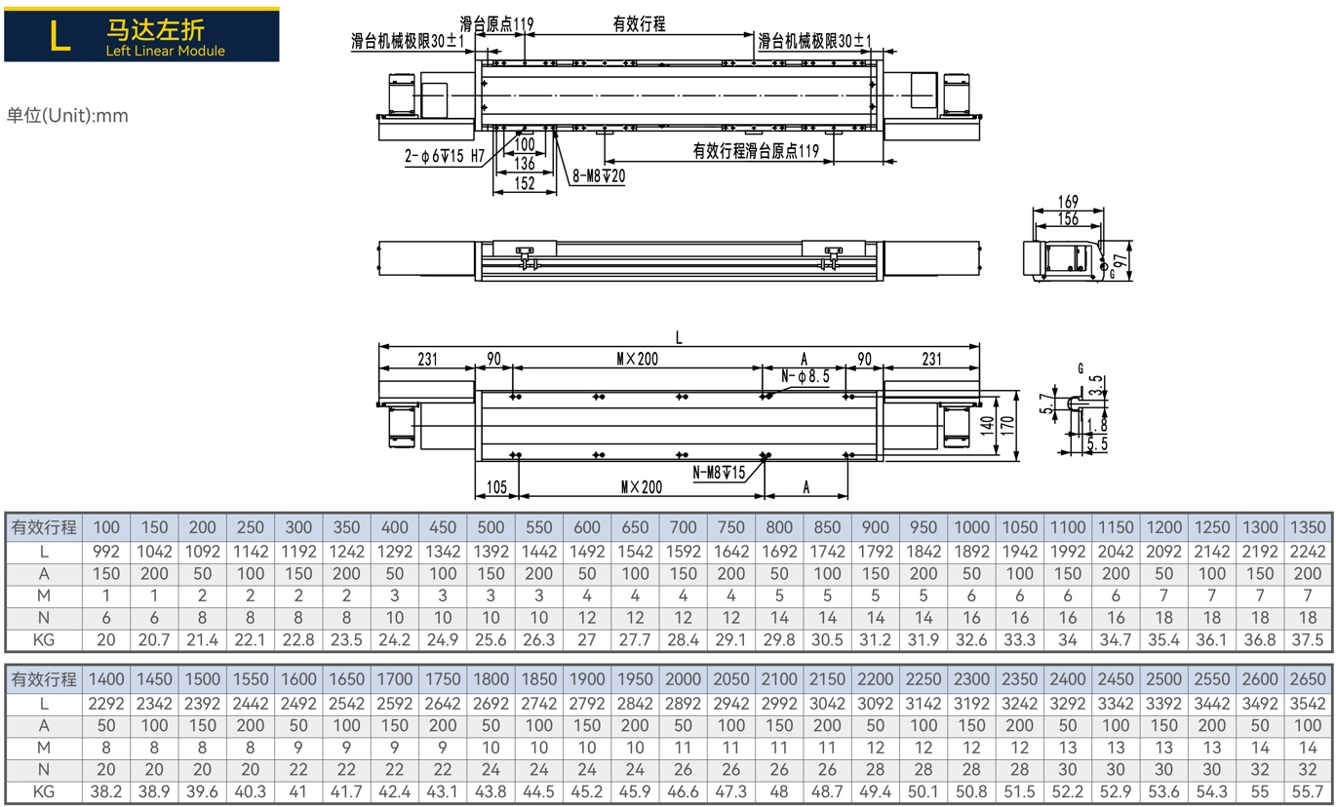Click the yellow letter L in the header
59,36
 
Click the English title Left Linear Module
165,51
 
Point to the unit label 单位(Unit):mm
67,115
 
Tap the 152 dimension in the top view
525,183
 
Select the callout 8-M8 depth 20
599,175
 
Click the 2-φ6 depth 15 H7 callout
445,156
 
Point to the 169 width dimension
1068,202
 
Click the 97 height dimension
1120,260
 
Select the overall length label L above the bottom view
679,338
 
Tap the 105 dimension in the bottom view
496,487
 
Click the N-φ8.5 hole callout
806,376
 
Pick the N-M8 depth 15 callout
720,473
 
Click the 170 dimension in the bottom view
1007,426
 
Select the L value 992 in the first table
106,552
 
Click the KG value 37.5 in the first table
1308,639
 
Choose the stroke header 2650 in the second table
1308,679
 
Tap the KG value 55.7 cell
1308,791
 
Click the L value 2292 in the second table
106,704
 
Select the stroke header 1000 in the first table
971,527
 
